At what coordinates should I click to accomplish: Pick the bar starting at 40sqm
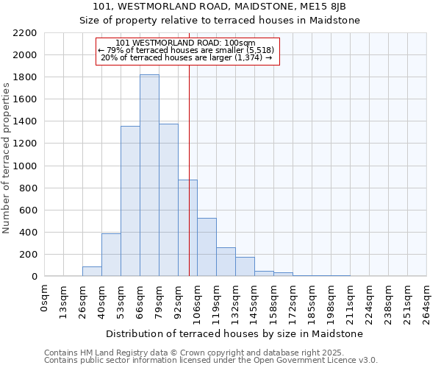[x=111, y=255]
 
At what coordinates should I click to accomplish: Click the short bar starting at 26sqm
[x=92, y=272]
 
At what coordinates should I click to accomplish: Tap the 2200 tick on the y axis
[x=24, y=33]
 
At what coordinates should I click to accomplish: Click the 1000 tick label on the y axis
[x=24, y=166]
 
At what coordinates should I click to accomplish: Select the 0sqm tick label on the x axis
[x=45, y=298]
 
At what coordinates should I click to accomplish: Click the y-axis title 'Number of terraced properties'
[x=7, y=158]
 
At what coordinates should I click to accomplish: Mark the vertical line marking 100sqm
[x=189, y=184]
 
